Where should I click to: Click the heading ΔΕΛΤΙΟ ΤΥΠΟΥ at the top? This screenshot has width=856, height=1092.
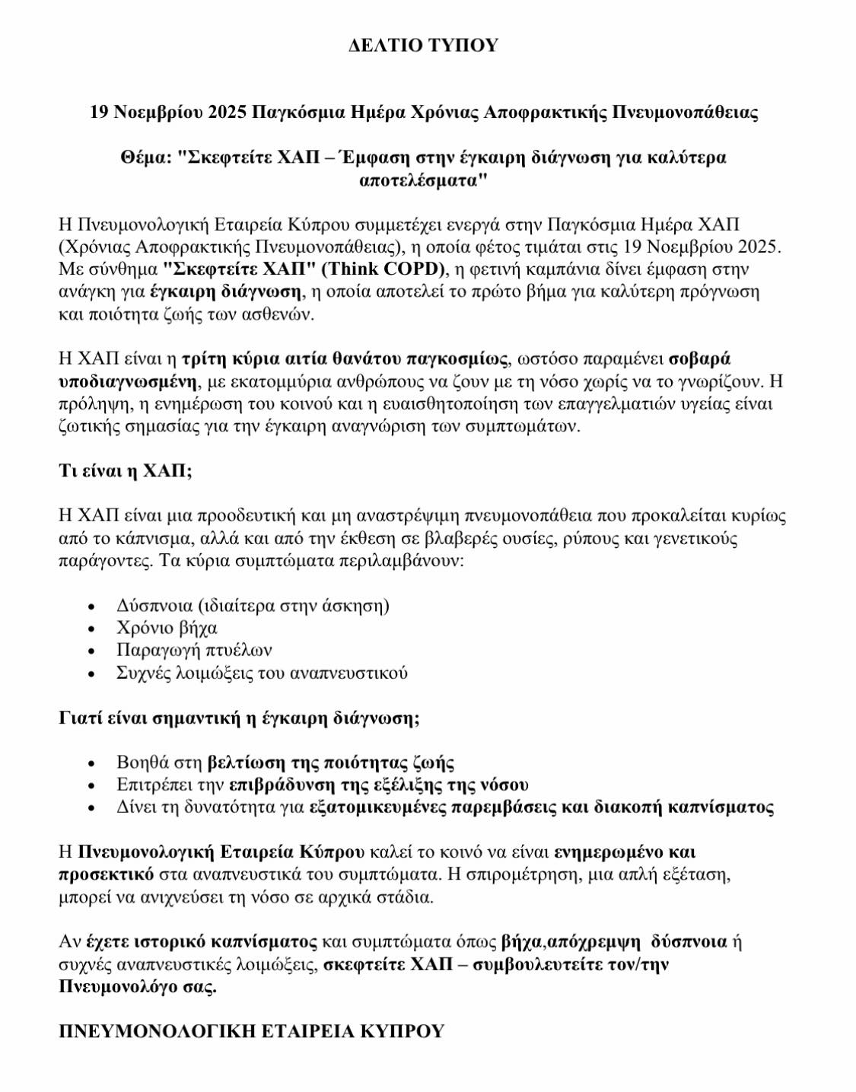point(423,46)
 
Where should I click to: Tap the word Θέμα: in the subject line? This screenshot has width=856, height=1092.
point(145,158)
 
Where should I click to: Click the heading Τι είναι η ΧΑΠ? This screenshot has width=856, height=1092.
point(126,471)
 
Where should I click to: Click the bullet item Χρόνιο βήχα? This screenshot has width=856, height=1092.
point(167,629)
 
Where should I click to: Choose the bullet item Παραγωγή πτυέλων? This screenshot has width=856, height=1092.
point(194,651)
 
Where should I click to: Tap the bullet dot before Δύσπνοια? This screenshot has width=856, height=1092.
point(92,607)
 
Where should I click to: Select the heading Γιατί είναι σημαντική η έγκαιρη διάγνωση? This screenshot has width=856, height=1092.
point(239,718)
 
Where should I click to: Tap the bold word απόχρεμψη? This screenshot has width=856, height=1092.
point(590,942)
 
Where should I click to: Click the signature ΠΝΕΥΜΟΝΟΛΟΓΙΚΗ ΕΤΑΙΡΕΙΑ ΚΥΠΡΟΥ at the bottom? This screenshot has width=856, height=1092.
point(252,1032)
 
